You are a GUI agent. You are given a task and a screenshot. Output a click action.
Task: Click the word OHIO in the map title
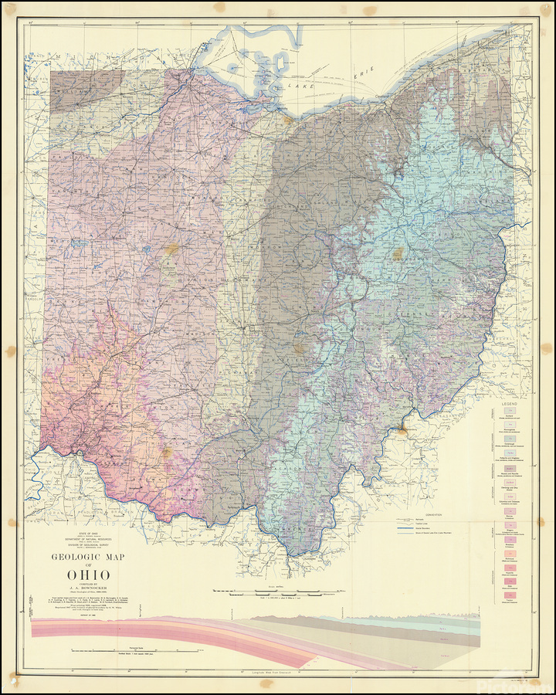coord(82,575)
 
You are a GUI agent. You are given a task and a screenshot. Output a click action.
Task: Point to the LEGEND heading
coord(510,404)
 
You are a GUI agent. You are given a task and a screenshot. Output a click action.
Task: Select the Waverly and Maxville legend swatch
coord(510,471)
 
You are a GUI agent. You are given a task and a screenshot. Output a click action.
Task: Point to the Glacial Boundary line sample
coord(404,528)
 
